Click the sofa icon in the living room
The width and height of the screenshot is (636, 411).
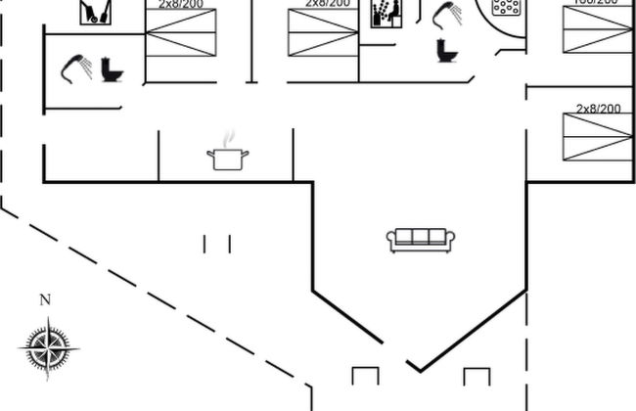click(421, 240)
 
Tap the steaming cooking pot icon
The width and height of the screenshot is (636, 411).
click(228, 158)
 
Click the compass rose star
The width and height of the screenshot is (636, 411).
click(48, 346)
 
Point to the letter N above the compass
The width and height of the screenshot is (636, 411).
click(44, 300)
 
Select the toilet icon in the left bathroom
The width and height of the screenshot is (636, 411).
click(112, 70)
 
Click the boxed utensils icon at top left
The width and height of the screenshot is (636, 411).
click(95, 12)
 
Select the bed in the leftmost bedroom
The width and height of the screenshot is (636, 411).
click(181, 31)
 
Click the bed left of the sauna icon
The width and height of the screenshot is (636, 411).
click(323, 31)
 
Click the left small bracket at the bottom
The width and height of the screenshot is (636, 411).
click(365, 378)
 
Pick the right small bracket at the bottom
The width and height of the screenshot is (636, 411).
click(476, 378)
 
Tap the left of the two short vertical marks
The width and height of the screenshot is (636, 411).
click(205, 244)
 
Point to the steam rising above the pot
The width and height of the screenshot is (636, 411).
click(230, 139)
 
